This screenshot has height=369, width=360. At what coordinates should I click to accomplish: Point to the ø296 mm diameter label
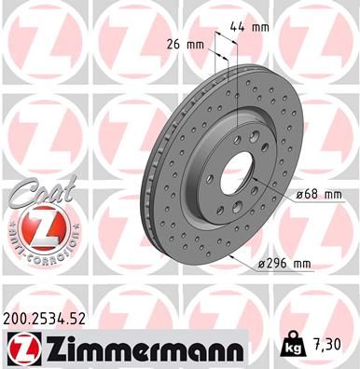coord(286,265)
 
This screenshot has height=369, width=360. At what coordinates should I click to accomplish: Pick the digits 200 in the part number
coord(18,319)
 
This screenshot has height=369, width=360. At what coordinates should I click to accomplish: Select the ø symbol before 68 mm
coord(298,195)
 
